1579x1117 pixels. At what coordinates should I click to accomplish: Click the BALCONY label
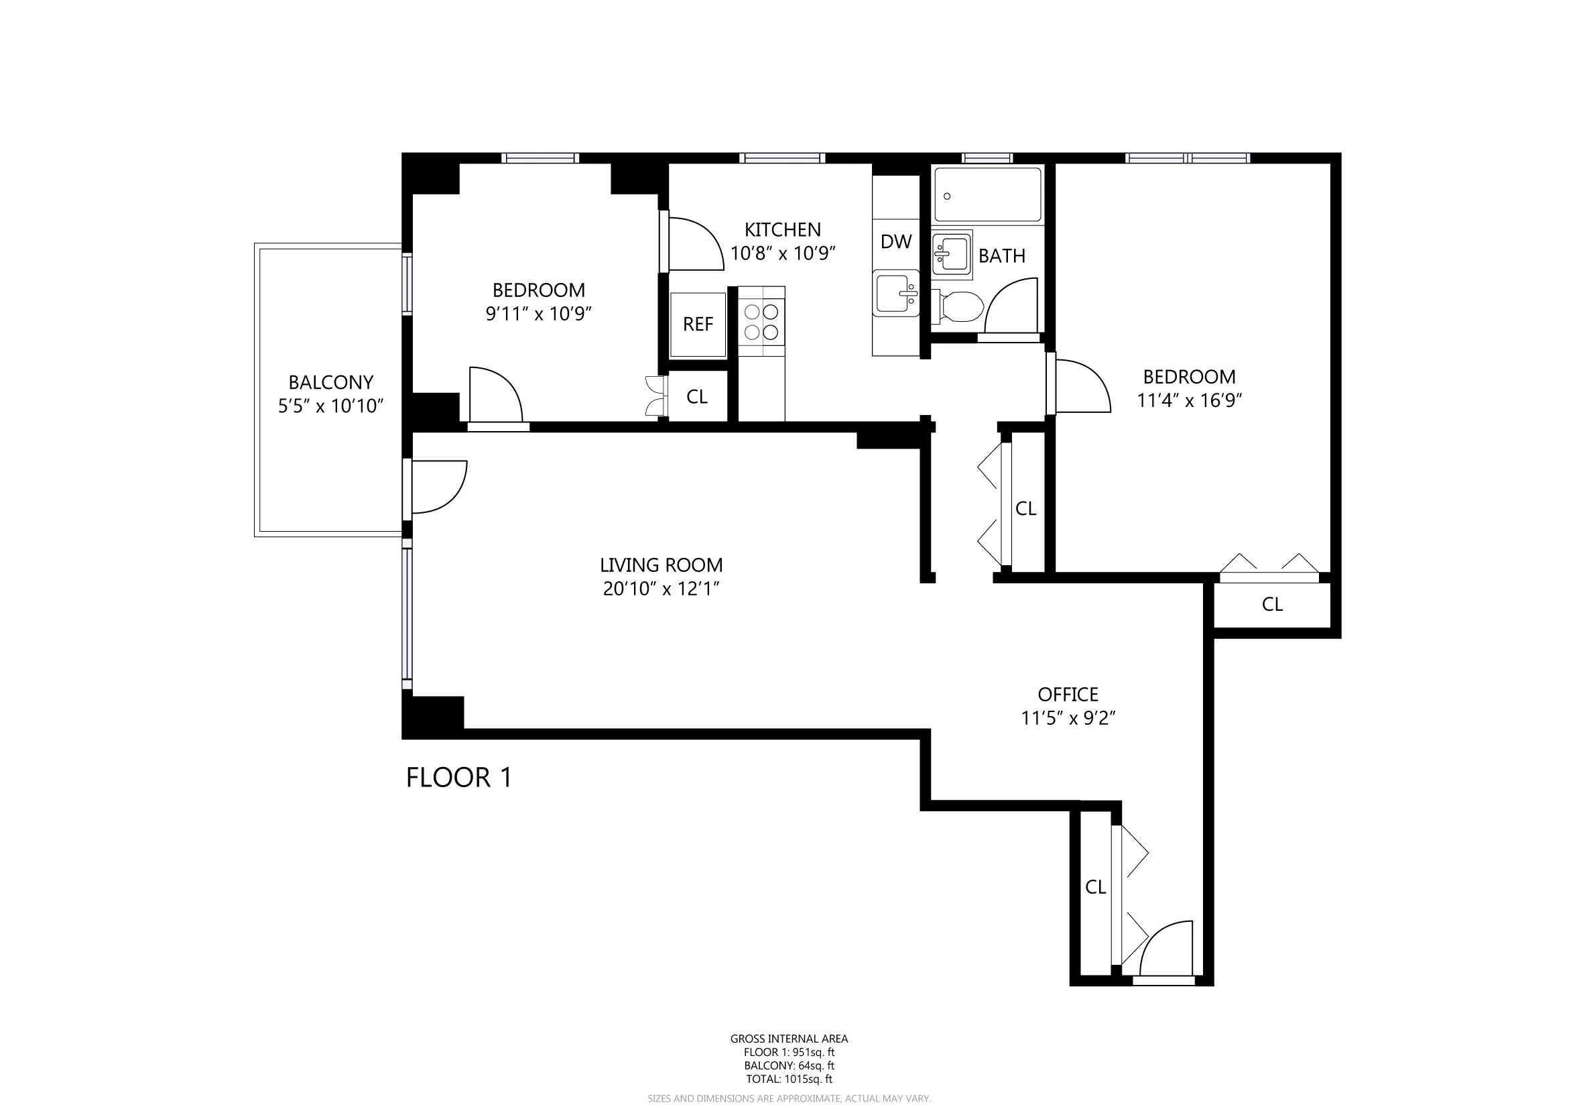(330, 382)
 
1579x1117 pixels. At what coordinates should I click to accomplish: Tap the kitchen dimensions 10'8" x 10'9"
(782, 254)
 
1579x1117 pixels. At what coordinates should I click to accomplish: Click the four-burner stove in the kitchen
(761, 322)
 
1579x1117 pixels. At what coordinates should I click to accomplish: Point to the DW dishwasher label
(895, 242)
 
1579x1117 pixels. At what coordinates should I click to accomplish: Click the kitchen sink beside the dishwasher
(895, 294)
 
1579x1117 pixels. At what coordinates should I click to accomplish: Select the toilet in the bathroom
(959, 306)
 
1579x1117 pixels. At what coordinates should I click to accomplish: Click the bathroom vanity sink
(951, 254)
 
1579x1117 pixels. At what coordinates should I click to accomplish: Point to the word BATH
(1001, 256)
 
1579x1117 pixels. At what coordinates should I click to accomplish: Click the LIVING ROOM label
(661, 565)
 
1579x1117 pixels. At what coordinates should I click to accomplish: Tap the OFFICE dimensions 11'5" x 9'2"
(1068, 718)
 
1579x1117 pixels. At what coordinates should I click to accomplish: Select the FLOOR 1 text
(458, 778)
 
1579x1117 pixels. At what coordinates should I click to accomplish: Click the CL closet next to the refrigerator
(696, 397)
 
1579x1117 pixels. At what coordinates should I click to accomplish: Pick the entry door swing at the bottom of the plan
(1164, 950)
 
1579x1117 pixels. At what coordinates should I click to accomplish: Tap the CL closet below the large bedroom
(1271, 605)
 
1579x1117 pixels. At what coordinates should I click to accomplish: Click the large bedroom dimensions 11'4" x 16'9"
(1188, 401)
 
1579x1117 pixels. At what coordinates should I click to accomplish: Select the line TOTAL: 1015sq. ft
(789, 1079)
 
